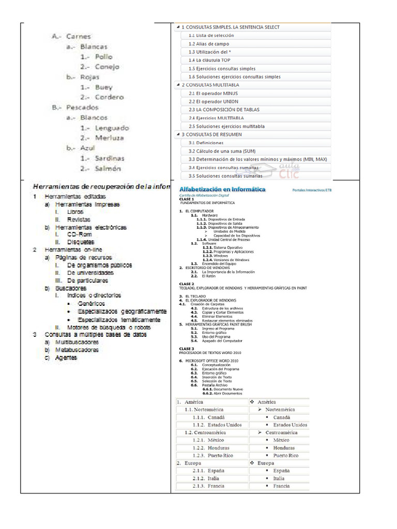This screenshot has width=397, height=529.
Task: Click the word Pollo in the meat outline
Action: coord(103,57)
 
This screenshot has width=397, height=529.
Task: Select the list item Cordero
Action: coord(109,97)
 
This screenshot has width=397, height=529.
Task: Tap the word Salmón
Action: coord(108,168)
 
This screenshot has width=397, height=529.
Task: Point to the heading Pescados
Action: coord(82,107)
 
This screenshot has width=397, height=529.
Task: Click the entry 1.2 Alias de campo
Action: coord(209,44)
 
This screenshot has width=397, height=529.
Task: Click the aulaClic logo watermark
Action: coord(291,170)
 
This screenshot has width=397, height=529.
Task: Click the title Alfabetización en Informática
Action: coord(222,190)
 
